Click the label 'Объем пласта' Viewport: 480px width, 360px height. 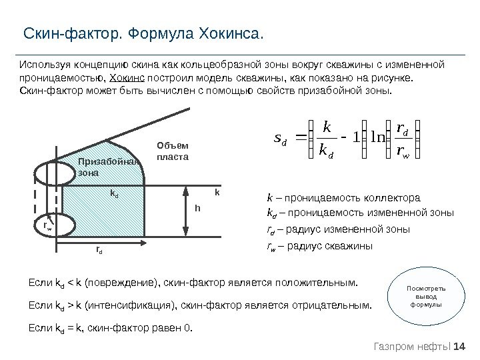pyautogui.click(x=173, y=151)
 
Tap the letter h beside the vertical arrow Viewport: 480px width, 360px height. pyautogui.click(x=197, y=208)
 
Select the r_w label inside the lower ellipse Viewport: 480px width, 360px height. pyautogui.click(x=47, y=227)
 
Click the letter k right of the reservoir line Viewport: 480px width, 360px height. pyautogui.click(x=217, y=192)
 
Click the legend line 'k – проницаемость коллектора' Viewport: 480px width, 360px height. pyautogui.click(x=343, y=198)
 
